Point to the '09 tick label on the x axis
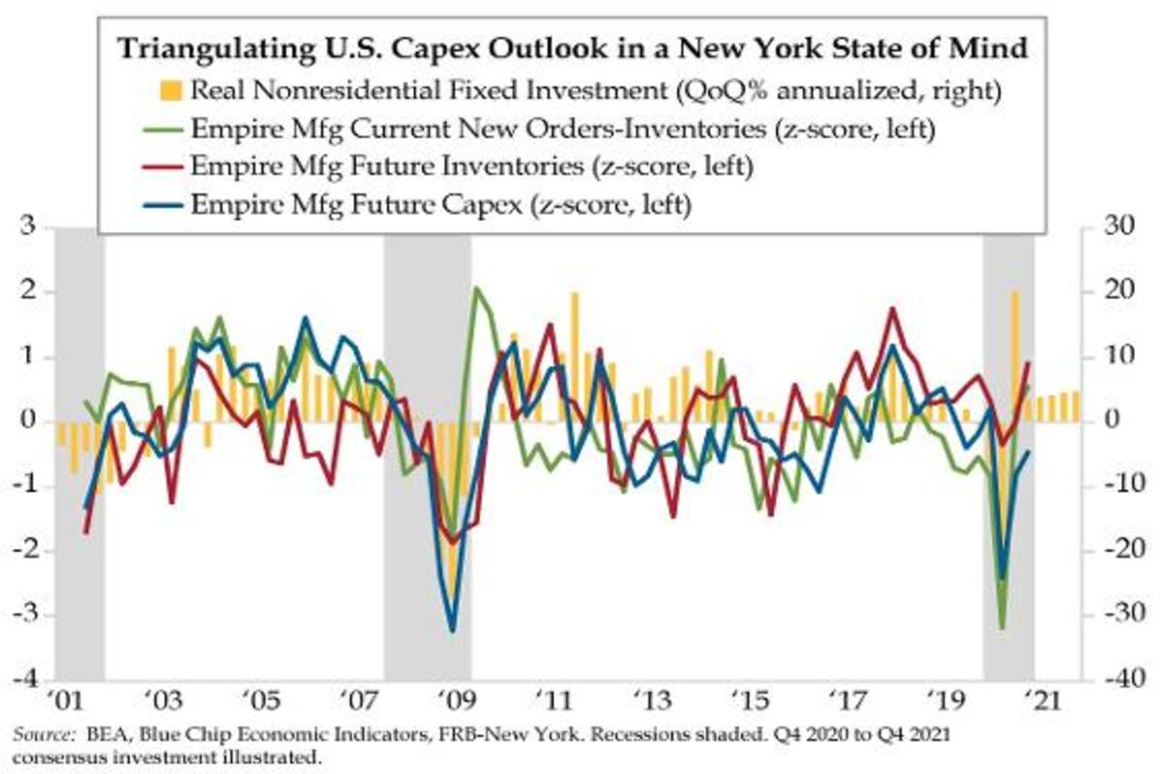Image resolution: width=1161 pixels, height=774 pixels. coord(452,700)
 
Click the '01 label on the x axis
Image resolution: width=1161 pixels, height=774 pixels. coord(65,700)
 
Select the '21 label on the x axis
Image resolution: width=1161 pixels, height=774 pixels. coord(1036,700)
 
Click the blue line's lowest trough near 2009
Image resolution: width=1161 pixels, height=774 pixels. coord(453,631)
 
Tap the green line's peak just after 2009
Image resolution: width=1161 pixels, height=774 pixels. coord(475,287)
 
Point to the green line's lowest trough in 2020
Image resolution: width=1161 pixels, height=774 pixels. coord(1002,629)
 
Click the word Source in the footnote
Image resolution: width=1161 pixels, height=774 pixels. coord(36,734)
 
